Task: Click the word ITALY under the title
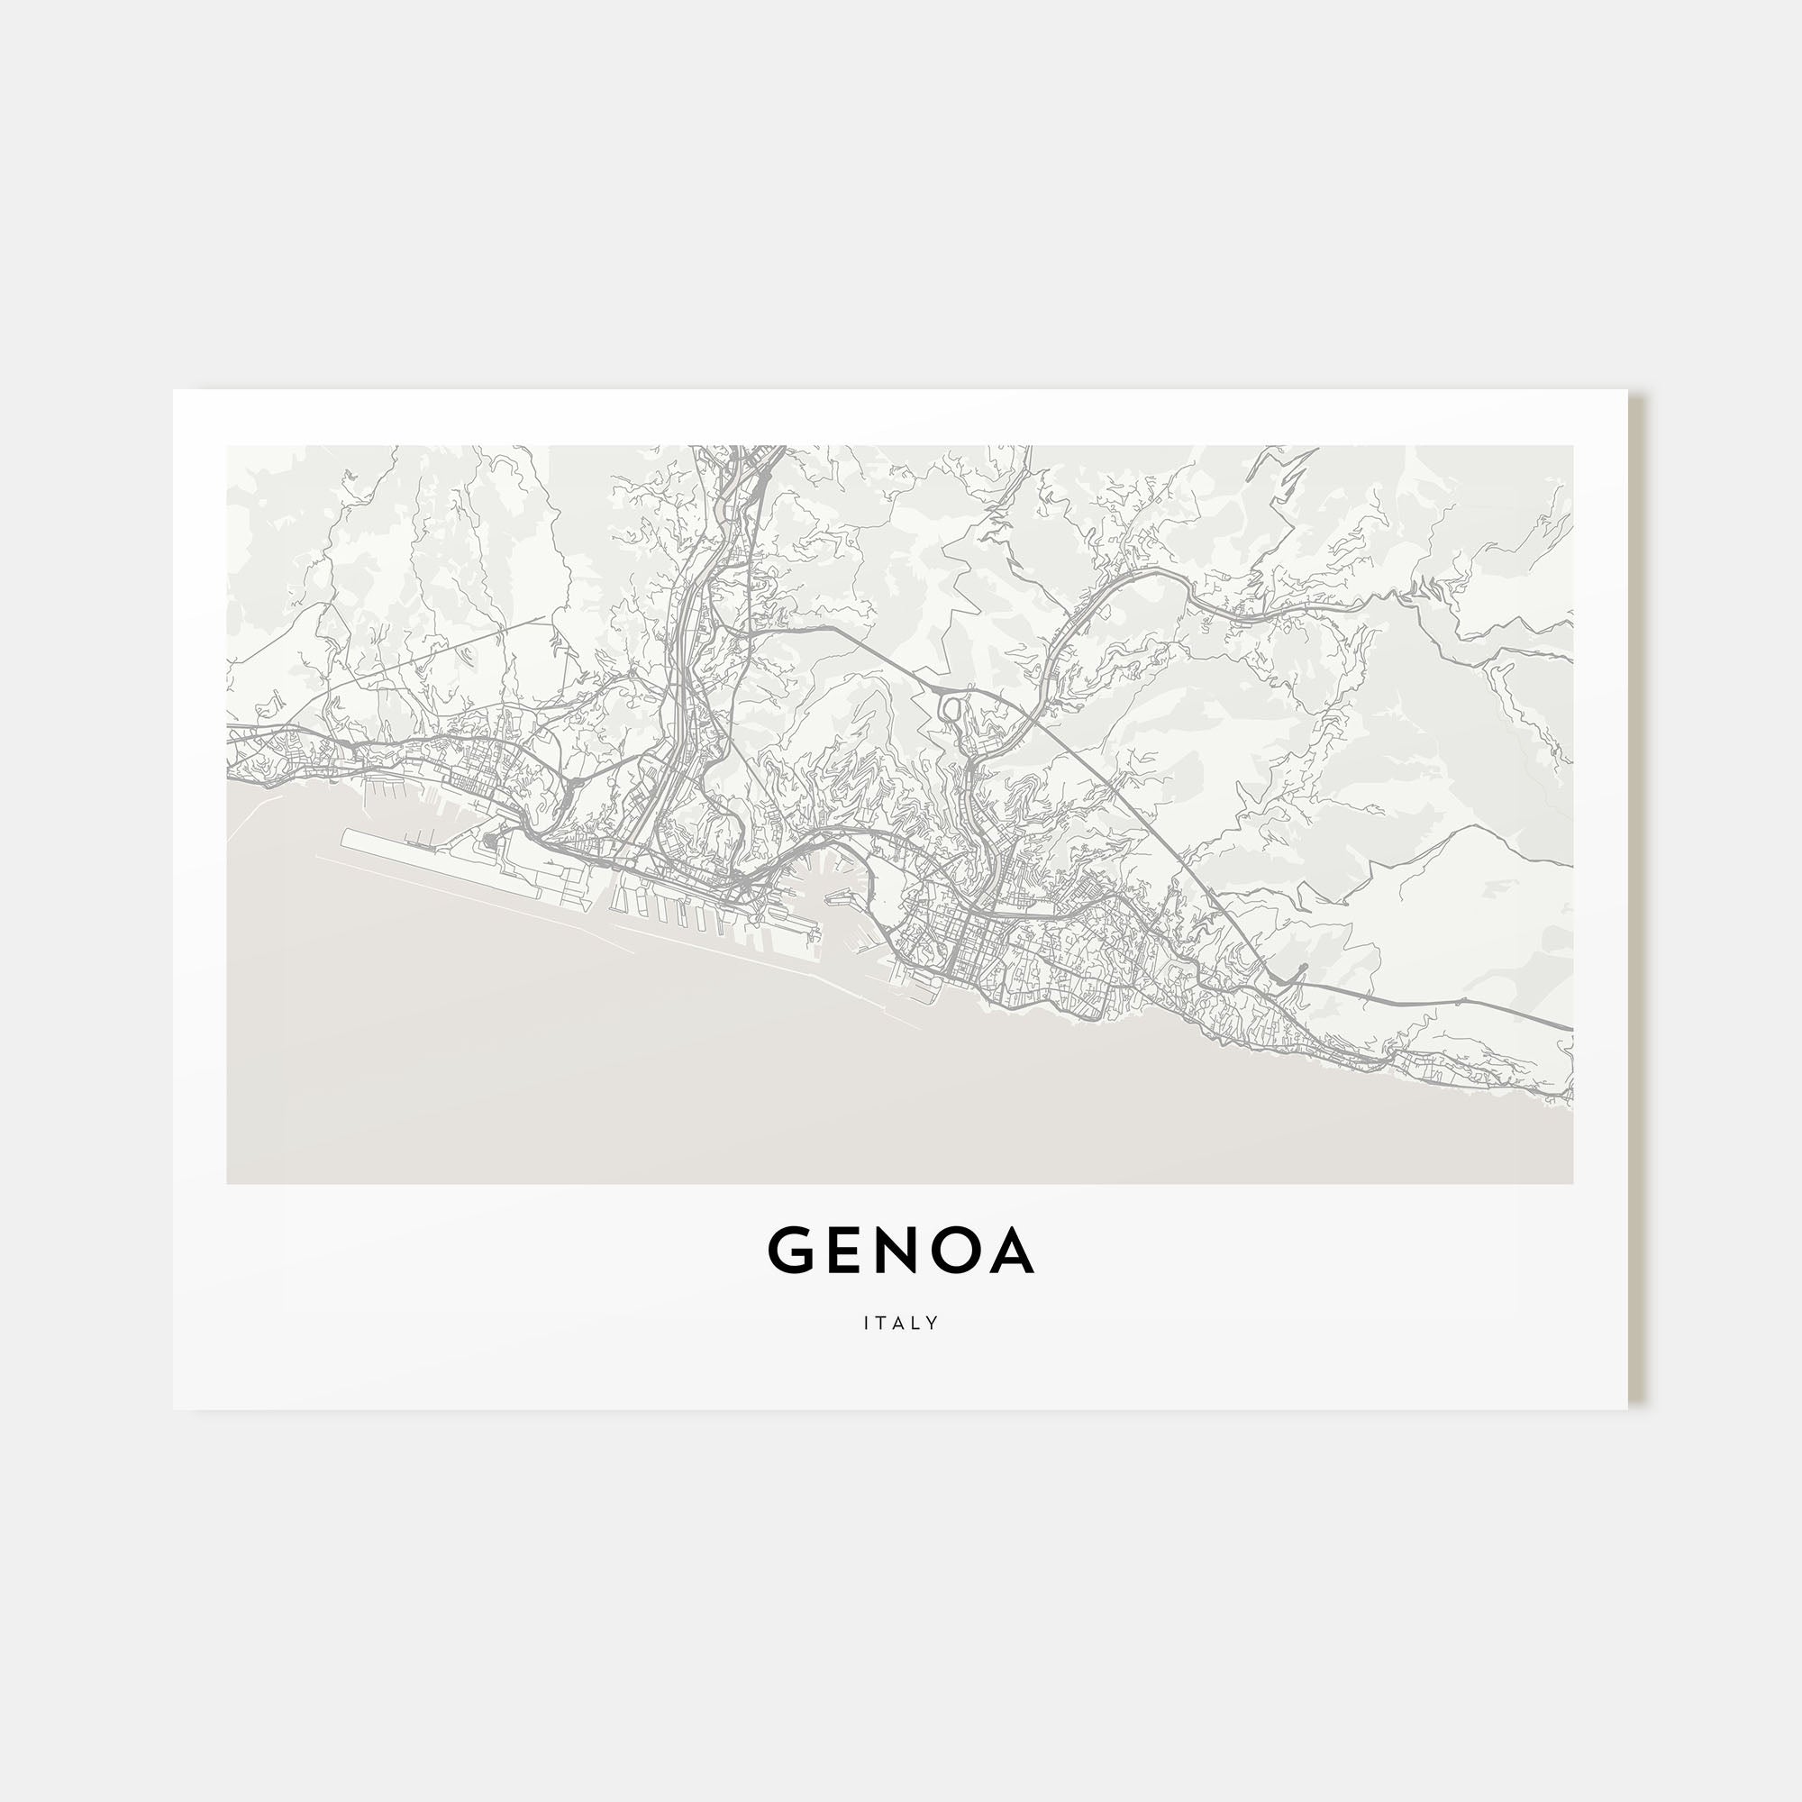(901, 1323)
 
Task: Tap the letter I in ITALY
(868, 1323)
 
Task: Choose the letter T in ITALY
(882, 1323)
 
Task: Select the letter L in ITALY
(917, 1323)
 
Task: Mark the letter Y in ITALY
(933, 1323)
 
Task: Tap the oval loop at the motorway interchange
(951, 710)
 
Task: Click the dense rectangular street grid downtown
(970, 942)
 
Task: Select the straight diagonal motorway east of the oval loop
(1119, 793)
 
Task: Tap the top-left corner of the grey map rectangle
(228, 447)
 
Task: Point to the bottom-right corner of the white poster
(1626, 1408)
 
